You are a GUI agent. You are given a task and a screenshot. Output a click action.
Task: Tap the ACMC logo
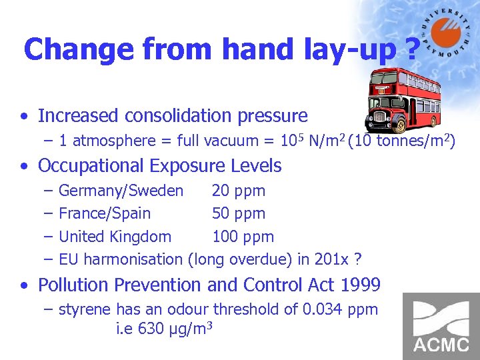(x=441, y=326)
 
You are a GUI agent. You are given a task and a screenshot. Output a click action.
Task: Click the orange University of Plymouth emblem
(x=445, y=31)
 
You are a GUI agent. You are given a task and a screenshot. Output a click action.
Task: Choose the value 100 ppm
(x=243, y=237)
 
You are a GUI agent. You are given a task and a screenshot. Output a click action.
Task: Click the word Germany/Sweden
(x=121, y=191)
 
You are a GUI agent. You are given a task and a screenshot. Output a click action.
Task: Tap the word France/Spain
(x=105, y=214)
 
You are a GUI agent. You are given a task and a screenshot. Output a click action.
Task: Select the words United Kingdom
(x=115, y=237)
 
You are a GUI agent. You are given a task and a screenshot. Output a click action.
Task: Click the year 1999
(x=359, y=285)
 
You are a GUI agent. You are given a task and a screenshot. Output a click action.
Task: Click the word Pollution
(x=73, y=285)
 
